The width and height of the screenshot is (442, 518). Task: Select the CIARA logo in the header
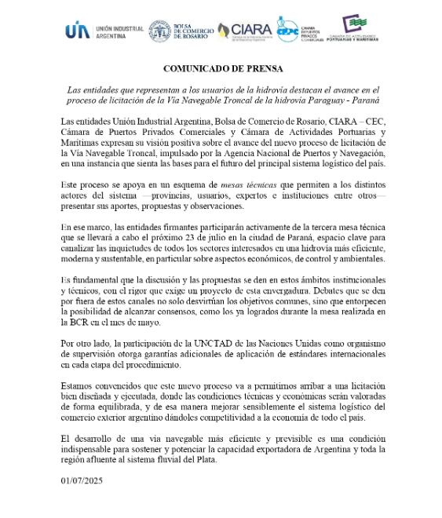(244, 31)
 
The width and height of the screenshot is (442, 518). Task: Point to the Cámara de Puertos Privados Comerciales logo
(302, 31)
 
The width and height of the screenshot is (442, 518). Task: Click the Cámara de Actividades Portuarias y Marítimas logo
(358, 30)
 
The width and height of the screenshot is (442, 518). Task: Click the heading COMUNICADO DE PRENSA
(221, 68)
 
